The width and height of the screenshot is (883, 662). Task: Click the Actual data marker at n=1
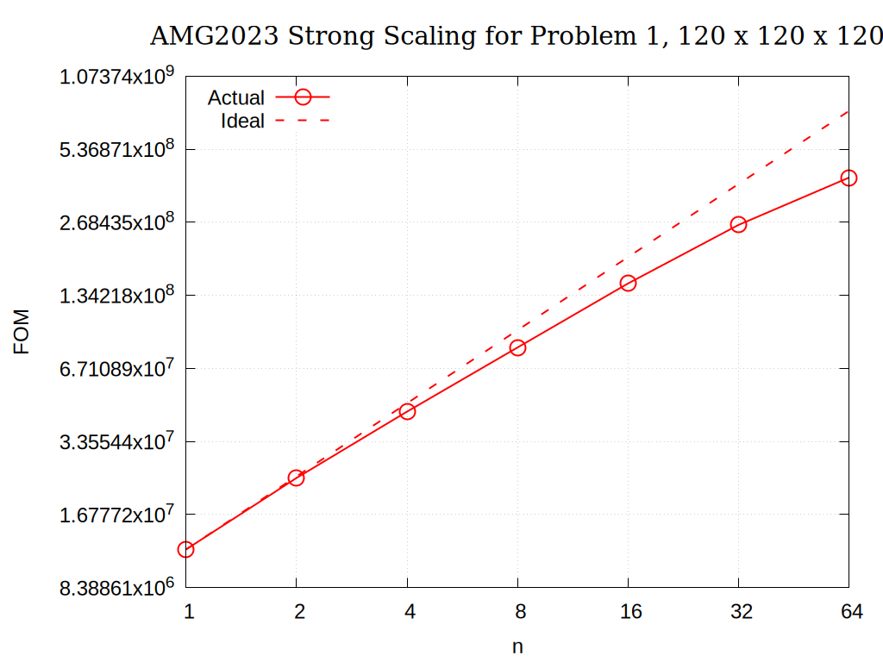point(185,549)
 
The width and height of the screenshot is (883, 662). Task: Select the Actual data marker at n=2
point(296,478)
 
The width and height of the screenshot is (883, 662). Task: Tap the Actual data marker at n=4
point(407,411)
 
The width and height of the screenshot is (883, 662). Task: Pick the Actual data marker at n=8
point(517,347)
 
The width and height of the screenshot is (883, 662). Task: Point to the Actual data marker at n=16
point(628,283)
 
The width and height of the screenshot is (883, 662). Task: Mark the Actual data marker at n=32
point(738,224)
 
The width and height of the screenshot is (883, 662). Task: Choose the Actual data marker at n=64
point(849,178)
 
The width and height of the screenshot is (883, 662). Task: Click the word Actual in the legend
point(235,98)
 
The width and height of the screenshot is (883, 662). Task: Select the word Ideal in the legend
point(242,122)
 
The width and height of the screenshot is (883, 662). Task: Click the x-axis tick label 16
point(631,612)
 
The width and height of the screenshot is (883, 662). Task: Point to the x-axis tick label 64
point(852,612)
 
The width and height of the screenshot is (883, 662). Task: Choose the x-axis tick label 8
point(521,612)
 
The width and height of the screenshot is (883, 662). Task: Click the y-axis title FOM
point(22,332)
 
